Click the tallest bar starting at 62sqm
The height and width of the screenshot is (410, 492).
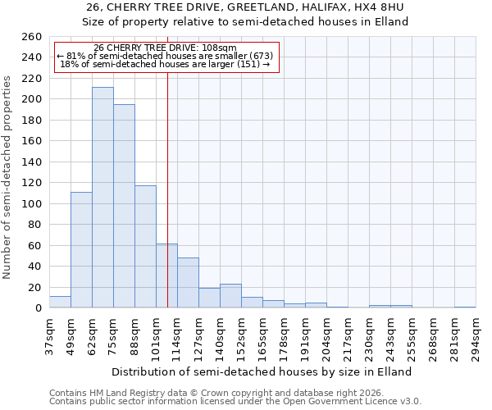pyautogui.click(x=102, y=198)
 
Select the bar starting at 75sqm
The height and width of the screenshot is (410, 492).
pyautogui.click(x=124, y=206)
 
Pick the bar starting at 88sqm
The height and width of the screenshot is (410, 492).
pyautogui.click(x=145, y=246)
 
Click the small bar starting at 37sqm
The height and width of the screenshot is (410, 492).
pyautogui.click(x=60, y=303)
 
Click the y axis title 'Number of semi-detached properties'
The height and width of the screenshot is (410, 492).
pyautogui.click(x=8, y=176)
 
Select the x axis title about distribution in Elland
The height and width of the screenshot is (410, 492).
pyautogui.click(x=262, y=371)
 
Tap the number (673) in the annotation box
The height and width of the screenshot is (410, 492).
pyautogui.click(x=257, y=56)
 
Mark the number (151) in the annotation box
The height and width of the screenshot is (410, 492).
pyautogui.click(x=247, y=64)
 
